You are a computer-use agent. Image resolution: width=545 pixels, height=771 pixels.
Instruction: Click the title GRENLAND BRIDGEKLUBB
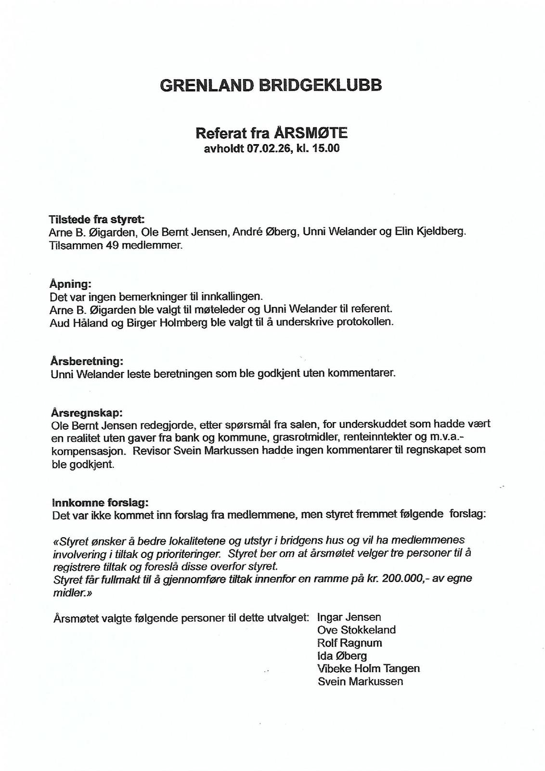[x=271, y=85]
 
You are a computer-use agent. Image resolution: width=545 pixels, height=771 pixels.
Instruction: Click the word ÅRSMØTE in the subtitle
[x=311, y=133]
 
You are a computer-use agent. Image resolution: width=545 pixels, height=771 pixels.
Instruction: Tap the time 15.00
[x=325, y=149]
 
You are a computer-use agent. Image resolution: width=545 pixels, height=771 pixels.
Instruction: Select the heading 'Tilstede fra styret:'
[x=96, y=220]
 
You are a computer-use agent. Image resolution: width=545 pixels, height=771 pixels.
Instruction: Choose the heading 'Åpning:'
[x=70, y=284]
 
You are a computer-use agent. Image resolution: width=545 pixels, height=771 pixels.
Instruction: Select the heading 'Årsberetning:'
[x=87, y=361]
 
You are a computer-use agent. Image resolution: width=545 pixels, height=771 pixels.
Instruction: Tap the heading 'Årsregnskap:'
[x=87, y=413]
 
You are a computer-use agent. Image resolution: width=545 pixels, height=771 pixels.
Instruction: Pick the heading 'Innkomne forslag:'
[x=100, y=503]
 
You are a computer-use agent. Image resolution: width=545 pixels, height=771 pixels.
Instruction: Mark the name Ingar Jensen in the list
[x=349, y=617]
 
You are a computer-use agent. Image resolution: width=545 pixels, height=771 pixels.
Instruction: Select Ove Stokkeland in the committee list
[x=356, y=630]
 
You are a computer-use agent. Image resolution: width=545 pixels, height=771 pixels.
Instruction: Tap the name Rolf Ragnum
[x=349, y=643]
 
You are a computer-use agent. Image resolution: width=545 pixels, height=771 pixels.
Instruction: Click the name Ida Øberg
[x=342, y=656]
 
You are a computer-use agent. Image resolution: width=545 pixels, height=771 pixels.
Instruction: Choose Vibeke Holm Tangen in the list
[x=368, y=669]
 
